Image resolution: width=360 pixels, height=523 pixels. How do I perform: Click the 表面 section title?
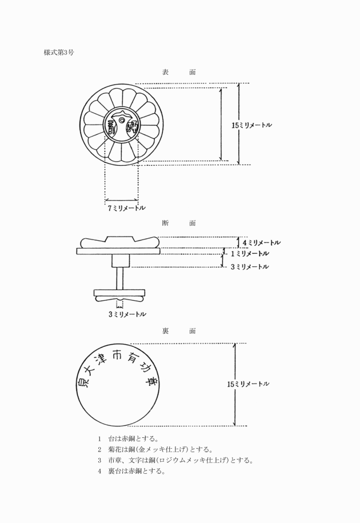click(x=179, y=72)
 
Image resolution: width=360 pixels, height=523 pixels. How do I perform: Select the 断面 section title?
click(x=179, y=222)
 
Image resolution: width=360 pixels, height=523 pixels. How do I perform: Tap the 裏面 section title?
click(x=179, y=331)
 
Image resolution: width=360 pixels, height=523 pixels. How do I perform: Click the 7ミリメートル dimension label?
click(x=126, y=209)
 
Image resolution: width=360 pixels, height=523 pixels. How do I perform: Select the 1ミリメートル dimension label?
click(x=250, y=253)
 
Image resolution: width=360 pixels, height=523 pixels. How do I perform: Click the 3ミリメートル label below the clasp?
click(x=126, y=314)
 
